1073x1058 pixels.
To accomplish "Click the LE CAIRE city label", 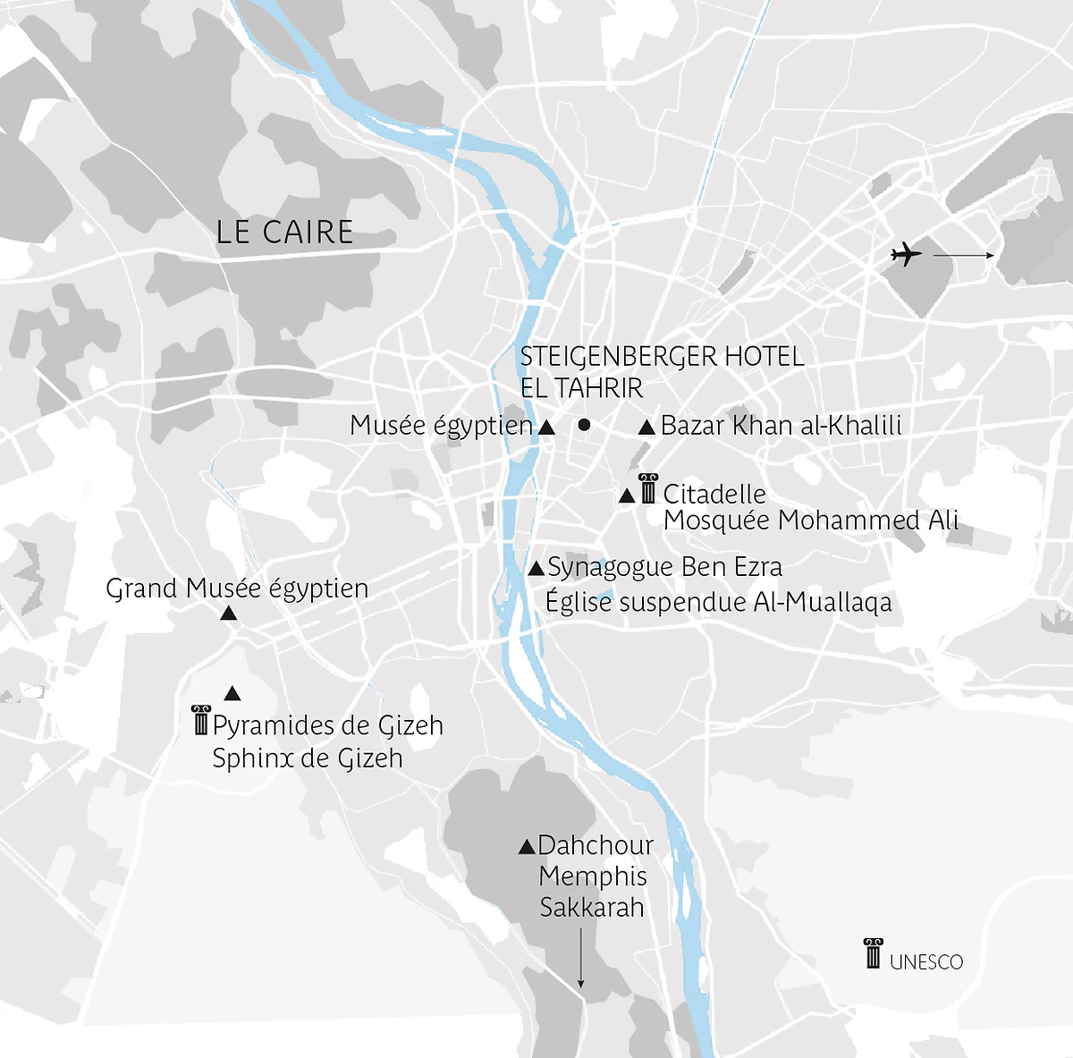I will point(284,233).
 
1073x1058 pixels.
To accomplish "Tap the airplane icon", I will point(906,255).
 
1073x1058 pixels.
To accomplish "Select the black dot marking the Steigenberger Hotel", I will point(584,425).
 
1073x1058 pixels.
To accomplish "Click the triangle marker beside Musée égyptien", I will point(546,427).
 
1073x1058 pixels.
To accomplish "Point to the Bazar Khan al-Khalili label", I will point(781,426).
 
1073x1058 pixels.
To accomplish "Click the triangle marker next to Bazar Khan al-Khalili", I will point(646,427).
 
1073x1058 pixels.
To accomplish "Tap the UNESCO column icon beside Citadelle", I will point(648,489).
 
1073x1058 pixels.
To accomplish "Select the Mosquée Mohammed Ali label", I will point(810,521).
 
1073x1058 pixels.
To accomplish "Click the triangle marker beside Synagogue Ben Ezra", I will point(536,568).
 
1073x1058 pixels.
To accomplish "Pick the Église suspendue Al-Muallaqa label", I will point(718,602).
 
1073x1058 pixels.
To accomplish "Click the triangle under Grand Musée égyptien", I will point(228,614).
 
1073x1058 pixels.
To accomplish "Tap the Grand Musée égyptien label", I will point(237,588).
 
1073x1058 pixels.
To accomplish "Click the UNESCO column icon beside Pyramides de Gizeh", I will point(201,720).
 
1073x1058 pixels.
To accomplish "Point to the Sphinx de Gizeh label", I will point(307,758).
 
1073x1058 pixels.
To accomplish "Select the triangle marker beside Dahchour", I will point(527,846).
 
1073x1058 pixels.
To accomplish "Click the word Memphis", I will point(593,876).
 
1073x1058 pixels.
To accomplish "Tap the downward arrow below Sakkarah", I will point(580,958).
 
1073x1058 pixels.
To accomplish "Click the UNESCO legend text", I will point(926,962).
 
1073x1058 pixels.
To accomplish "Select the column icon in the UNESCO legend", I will point(873,953).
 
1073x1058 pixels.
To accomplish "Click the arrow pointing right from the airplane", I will point(963,256).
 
